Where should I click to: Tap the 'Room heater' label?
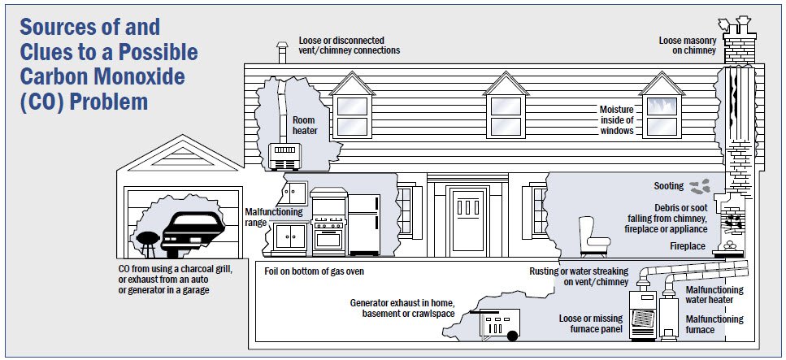point(304,126)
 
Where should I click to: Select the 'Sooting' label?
point(668,186)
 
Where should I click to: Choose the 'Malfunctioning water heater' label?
point(716,294)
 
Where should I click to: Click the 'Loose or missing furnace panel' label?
point(592,323)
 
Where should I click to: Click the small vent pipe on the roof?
point(282,54)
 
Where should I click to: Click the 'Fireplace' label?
point(688,245)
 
